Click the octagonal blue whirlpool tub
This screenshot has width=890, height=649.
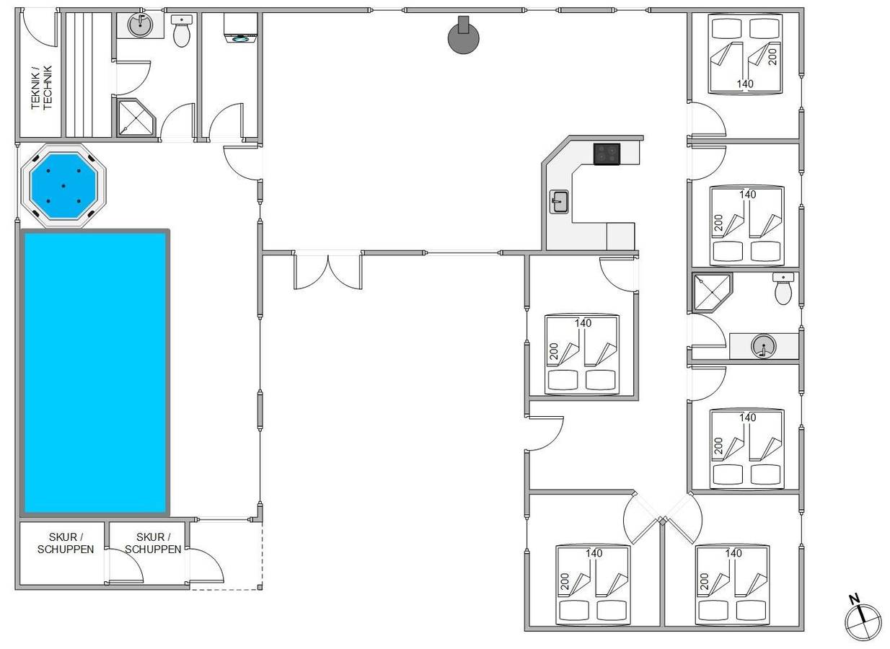[x=63, y=186]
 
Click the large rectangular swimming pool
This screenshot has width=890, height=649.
[x=95, y=373]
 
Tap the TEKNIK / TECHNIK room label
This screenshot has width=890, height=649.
[x=42, y=87]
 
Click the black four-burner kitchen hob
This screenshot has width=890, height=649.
[x=607, y=154]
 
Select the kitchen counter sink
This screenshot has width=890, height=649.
[x=559, y=202]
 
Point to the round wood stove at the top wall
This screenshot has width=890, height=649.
[x=463, y=35]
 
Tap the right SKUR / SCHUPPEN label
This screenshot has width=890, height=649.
[x=153, y=543]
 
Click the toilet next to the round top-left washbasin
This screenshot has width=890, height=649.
[x=182, y=31]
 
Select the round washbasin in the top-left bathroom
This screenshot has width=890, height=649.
[x=140, y=25]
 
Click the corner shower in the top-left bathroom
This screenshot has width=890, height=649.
[x=136, y=118]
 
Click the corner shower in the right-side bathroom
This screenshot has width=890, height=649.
[x=712, y=292]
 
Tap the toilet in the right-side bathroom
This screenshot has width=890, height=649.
[x=783, y=288]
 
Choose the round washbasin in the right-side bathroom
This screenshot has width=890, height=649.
[x=763, y=346]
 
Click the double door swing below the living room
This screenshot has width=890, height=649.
[x=327, y=270]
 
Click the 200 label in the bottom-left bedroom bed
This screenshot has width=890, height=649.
[x=565, y=581]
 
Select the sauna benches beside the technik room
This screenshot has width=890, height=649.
[x=88, y=75]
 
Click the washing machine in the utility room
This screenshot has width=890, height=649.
[x=240, y=28]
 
